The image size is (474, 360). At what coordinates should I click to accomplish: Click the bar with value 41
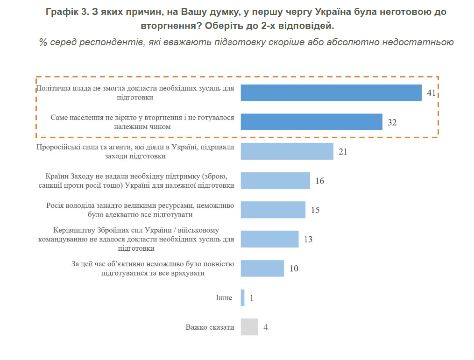(x=331, y=93)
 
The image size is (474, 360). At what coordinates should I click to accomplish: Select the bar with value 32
(x=311, y=122)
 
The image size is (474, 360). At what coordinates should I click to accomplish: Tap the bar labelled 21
(x=287, y=151)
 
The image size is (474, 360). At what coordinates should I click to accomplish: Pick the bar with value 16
(x=275, y=181)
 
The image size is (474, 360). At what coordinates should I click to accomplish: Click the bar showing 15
(x=273, y=210)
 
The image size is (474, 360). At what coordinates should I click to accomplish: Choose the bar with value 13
(x=269, y=239)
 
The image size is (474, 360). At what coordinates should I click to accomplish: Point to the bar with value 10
(x=262, y=268)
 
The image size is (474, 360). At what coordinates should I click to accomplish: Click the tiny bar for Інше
(x=242, y=297)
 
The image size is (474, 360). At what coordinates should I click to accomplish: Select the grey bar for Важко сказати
(x=249, y=327)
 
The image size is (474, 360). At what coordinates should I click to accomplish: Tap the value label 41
(x=431, y=93)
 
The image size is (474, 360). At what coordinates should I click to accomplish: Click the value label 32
(x=392, y=122)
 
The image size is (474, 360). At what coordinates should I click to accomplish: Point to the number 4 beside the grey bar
(x=265, y=327)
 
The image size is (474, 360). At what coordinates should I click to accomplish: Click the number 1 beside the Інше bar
(x=251, y=298)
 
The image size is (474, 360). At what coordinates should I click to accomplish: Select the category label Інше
(x=224, y=298)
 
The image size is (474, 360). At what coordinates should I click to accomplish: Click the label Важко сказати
(x=210, y=327)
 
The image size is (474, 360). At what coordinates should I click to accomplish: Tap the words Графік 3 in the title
(x=65, y=12)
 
